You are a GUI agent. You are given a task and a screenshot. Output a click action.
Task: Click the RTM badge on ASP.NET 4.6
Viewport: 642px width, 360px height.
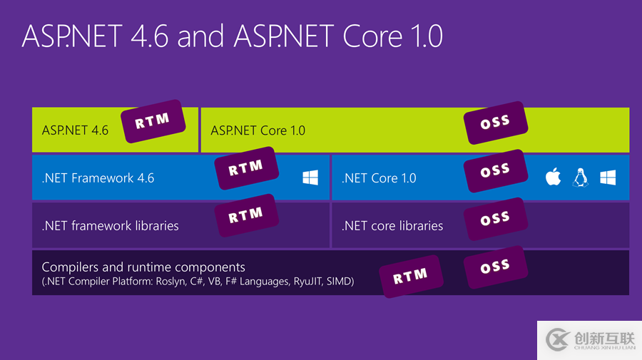(x=152, y=121)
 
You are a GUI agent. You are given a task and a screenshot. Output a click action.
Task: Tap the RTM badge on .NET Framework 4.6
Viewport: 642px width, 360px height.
(x=245, y=168)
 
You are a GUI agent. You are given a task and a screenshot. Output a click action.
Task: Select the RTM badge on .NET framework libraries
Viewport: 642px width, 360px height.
(x=245, y=215)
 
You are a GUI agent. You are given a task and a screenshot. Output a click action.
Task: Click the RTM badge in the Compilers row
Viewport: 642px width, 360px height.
(x=410, y=275)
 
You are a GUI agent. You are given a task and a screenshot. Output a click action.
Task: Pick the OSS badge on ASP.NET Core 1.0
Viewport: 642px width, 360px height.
(x=495, y=122)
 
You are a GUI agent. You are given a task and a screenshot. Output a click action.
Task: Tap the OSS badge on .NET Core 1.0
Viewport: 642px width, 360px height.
(x=495, y=170)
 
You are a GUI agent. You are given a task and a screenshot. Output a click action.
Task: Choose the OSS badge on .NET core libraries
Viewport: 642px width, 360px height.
(x=495, y=218)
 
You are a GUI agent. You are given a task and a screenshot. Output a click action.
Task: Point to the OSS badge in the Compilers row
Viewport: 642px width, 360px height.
(x=495, y=267)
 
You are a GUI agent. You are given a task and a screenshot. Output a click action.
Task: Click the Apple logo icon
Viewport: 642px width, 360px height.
(x=553, y=178)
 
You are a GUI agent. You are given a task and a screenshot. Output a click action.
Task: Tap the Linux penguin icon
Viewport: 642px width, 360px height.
(x=580, y=178)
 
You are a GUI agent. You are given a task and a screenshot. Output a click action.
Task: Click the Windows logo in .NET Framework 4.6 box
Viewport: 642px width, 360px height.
(x=310, y=178)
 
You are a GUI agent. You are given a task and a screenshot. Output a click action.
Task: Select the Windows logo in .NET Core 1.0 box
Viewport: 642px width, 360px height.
(x=608, y=178)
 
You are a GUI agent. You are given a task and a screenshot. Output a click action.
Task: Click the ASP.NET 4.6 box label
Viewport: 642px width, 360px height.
(x=75, y=130)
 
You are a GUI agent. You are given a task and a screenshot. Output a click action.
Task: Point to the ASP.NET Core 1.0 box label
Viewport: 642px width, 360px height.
(x=258, y=130)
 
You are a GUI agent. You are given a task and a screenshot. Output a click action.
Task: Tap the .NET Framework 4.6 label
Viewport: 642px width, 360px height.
(x=98, y=178)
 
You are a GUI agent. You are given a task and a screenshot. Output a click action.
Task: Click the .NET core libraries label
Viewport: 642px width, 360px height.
(x=392, y=226)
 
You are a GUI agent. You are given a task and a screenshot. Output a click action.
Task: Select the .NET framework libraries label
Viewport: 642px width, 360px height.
(x=110, y=226)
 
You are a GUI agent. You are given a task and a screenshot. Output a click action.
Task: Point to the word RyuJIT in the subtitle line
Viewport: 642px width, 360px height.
(x=307, y=282)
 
